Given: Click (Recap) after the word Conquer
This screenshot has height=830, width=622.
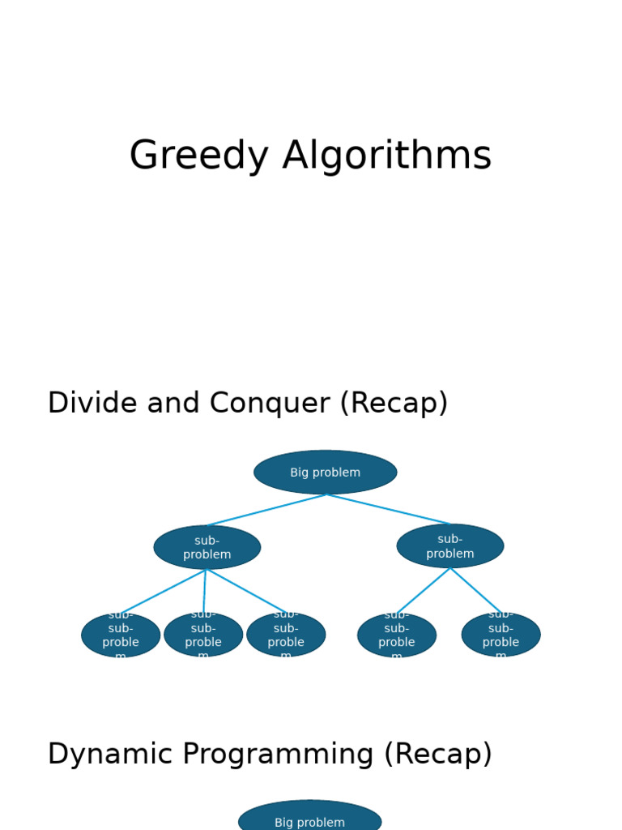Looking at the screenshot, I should (x=394, y=403).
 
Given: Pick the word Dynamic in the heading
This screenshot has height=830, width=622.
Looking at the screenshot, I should (x=108, y=754).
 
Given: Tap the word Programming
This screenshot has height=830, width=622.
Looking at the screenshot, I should (x=279, y=754).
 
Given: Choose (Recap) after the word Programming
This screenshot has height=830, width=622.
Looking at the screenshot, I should (x=438, y=754).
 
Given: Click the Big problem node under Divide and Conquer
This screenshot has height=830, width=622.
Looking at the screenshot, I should (x=326, y=473).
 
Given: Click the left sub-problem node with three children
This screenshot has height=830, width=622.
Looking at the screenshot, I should (x=207, y=547).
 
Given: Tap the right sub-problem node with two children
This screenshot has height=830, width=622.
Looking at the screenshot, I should (x=450, y=546).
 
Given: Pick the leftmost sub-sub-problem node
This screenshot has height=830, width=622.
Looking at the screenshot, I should (x=121, y=635).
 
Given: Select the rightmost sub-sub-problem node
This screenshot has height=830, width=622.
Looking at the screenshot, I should (x=501, y=635).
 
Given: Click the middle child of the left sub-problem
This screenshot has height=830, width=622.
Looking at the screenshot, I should (x=203, y=635).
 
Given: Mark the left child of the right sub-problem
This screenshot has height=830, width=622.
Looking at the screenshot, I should (x=397, y=635).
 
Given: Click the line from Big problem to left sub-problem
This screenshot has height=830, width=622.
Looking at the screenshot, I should (x=267, y=510).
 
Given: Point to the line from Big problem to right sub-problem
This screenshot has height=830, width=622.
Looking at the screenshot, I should (x=389, y=509).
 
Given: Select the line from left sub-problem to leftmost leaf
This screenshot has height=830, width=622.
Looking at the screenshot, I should (x=164, y=592).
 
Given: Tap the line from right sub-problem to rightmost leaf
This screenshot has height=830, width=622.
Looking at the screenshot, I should (x=475, y=589).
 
